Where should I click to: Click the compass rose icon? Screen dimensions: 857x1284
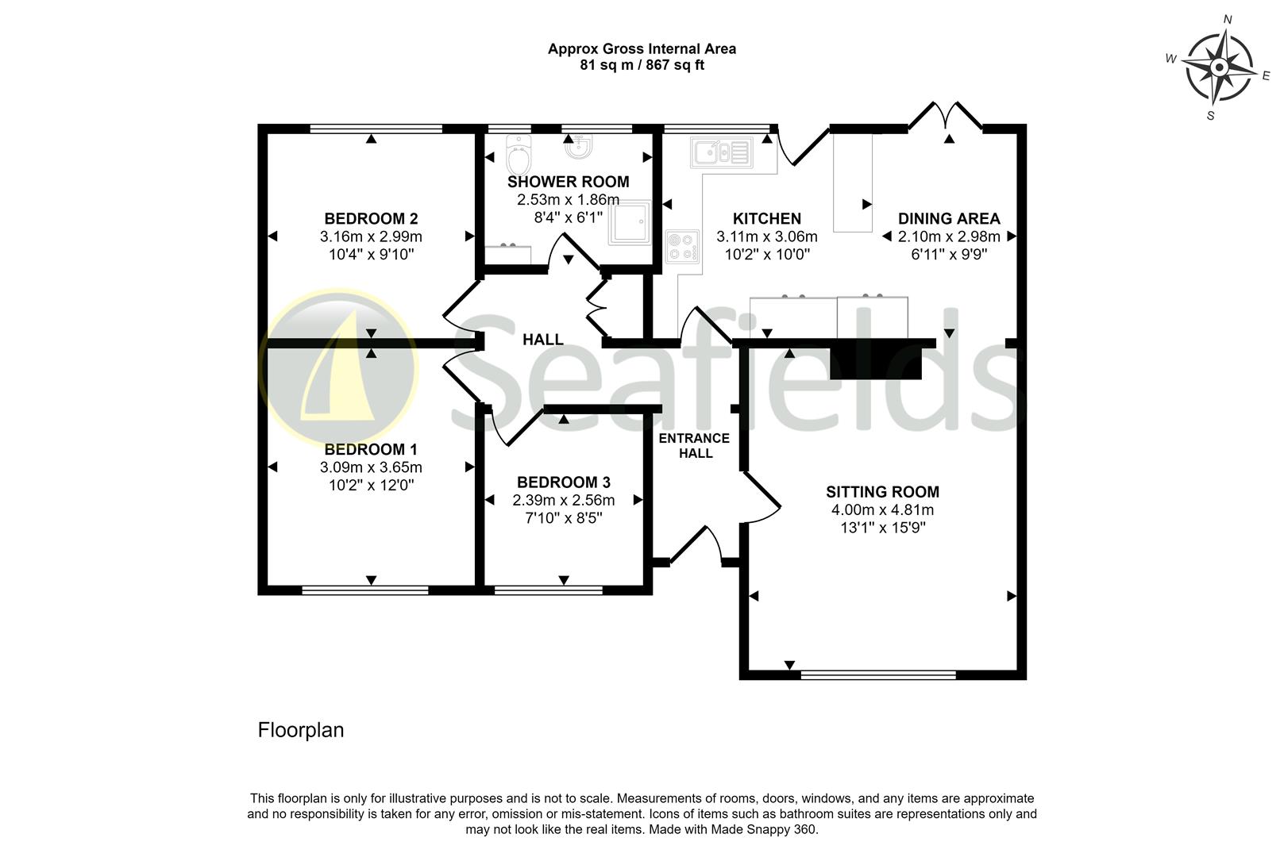tap(1218, 68)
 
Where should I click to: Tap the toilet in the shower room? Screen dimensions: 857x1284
tap(518, 157)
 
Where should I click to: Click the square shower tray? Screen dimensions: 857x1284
tap(631, 222)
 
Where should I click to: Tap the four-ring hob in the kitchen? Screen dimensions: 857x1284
tap(682, 246)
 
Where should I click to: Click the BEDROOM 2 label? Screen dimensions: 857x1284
tap(371, 219)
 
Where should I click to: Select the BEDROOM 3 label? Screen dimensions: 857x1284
tap(563, 482)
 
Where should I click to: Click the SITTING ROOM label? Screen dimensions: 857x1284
tap(882, 492)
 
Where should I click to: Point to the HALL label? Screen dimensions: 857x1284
tap(542, 340)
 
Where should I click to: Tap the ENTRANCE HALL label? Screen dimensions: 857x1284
tap(694, 445)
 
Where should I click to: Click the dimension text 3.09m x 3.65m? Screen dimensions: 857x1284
tap(371, 467)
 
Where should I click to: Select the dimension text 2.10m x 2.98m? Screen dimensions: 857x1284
tap(949, 236)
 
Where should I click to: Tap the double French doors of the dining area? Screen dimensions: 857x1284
tap(946, 116)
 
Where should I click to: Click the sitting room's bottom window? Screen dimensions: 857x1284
tap(878, 674)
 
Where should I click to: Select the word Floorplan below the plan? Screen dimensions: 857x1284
tap(301, 730)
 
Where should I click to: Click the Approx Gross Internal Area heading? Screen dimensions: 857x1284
tap(642, 49)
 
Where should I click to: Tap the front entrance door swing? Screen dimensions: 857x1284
tap(697, 546)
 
